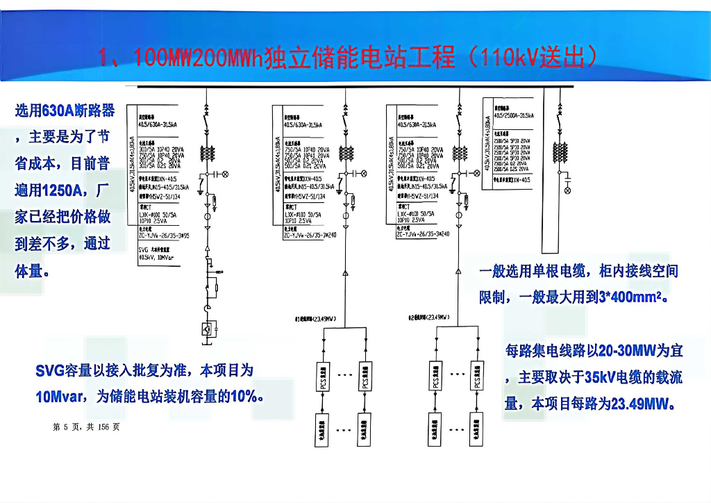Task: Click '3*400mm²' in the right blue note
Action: click(631, 297)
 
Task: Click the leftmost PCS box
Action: click(321, 376)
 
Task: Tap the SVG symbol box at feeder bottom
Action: click(206, 329)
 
